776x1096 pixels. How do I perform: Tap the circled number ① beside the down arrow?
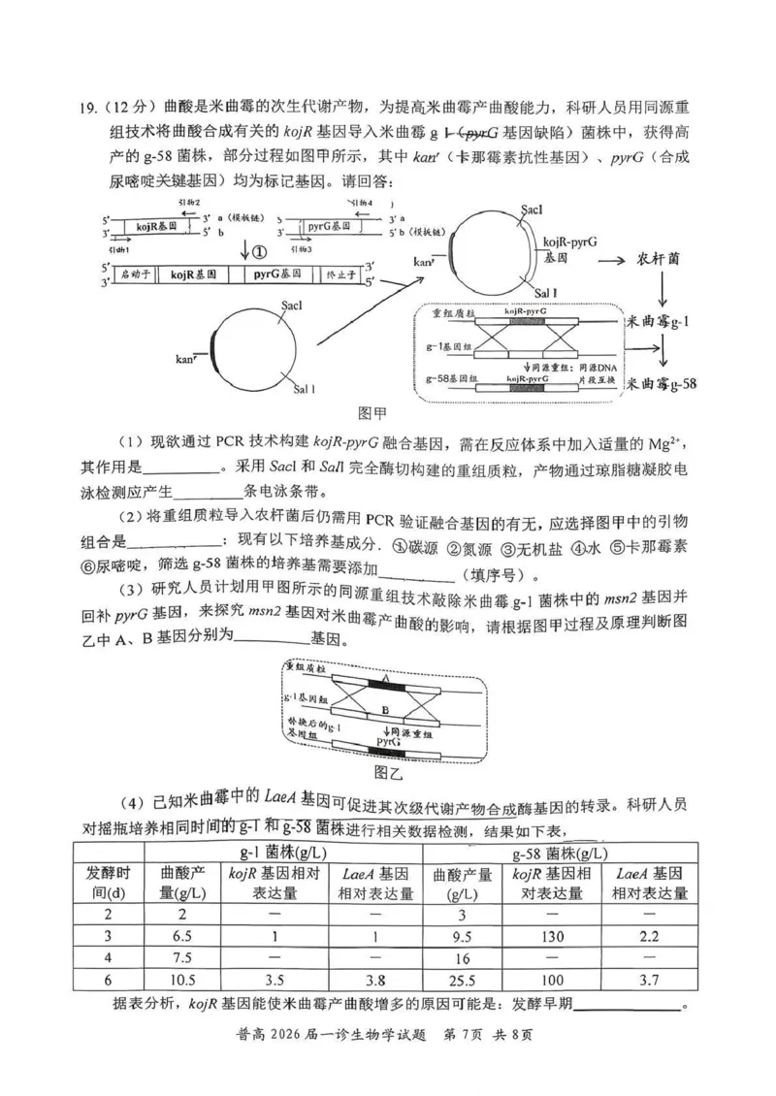(x=259, y=252)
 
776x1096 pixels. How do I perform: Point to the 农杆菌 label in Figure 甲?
(x=663, y=260)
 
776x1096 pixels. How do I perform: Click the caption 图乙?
(x=387, y=772)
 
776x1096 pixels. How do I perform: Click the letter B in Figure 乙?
(x=386, y=710)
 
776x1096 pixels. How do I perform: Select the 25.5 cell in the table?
(x=461, y=980)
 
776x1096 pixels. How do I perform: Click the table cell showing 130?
(x=551, y=936)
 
